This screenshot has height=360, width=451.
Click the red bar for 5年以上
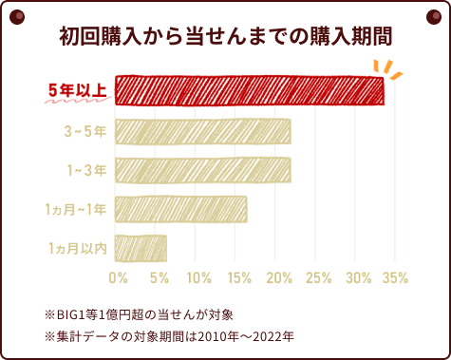249,90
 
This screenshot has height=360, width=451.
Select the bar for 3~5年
202,130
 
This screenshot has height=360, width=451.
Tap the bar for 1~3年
202,169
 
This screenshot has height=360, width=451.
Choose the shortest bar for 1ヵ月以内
141,247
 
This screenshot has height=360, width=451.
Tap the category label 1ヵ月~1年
75,209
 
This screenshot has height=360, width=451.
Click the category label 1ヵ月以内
77,248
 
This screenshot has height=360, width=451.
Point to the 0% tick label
118,278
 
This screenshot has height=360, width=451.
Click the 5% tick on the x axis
160,278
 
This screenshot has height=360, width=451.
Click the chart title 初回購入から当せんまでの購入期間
225,37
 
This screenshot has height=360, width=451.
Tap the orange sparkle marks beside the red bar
386,69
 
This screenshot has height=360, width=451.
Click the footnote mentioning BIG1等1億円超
139,313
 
